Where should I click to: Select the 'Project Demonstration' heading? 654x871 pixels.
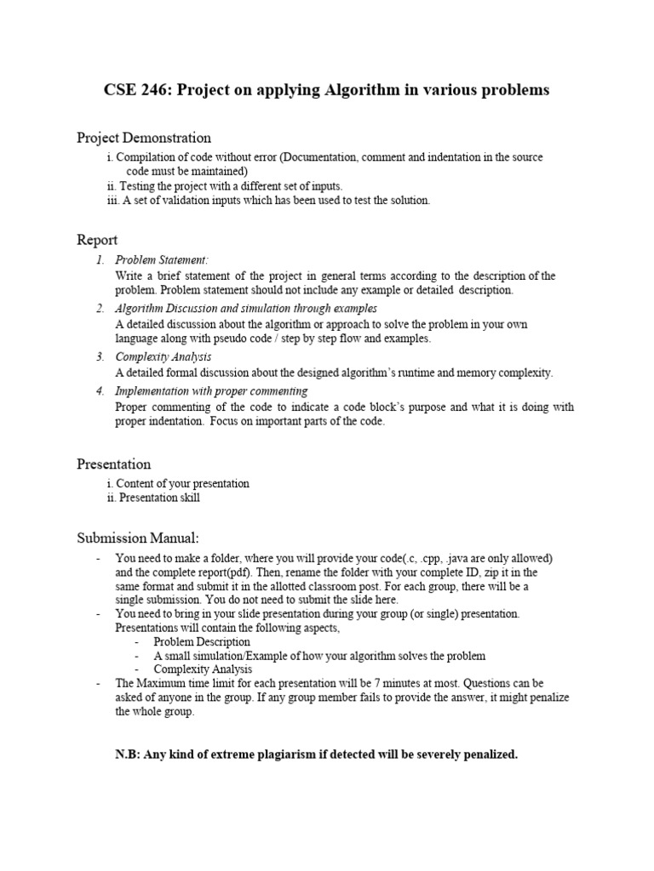[144, 138]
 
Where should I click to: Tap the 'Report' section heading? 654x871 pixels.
[97, 240]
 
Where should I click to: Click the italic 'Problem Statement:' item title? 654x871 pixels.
[162, 259]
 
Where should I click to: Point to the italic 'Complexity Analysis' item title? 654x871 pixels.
[163, 356]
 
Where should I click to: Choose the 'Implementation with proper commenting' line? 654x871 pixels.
[212, 390]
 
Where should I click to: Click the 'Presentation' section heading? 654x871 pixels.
[114, 464]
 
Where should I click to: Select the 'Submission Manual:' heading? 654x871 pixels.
[138, 538]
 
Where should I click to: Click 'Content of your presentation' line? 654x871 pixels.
[182, 483]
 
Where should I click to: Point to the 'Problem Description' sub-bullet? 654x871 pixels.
[202, 641]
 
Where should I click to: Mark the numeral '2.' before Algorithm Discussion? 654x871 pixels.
[100, 308]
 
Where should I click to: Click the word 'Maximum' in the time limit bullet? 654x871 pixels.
[163, 683]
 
